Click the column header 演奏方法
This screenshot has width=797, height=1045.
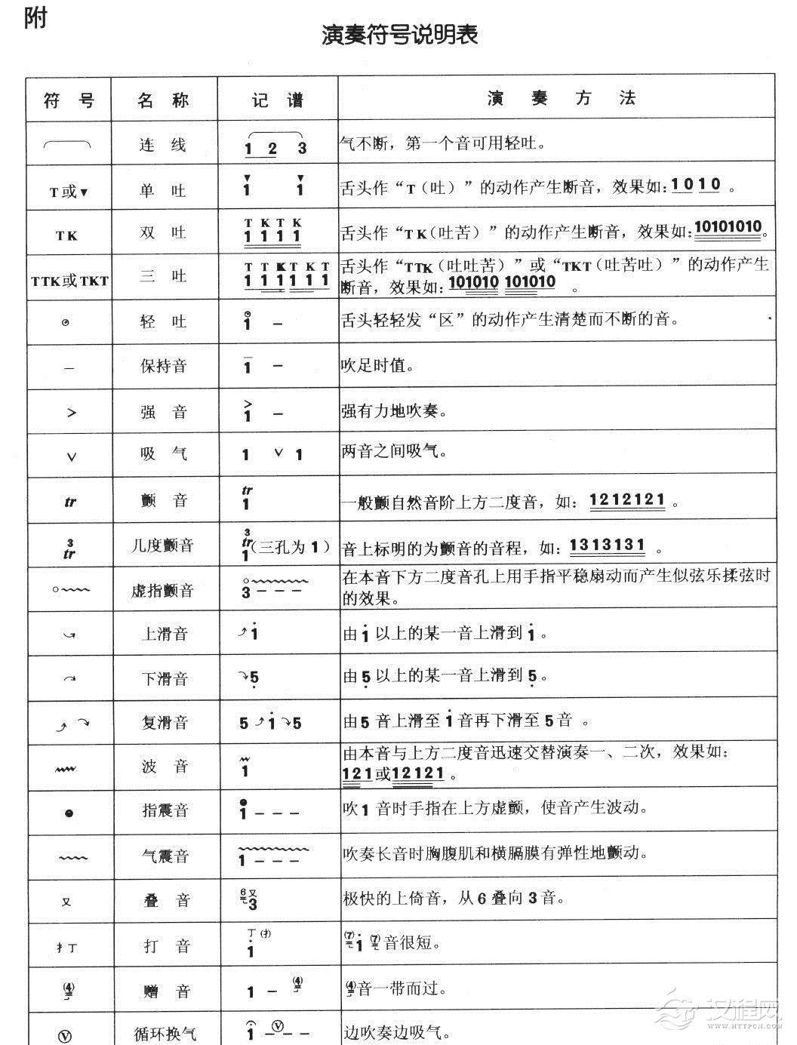(x=561, y=98)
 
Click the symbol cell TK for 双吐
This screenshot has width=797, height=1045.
(x=66, y=235)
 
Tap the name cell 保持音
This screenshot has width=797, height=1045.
(x=163, y=367)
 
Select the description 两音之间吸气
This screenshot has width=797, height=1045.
(x=394, y=452)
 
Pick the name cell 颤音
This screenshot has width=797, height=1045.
(x=163, y=500)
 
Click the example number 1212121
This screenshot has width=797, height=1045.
(x=627, y=500)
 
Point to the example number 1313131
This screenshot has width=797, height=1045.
(x=607, y=546)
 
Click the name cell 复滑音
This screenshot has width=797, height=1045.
(x=164, y=722)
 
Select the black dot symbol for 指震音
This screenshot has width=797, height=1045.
(x=69, y=813)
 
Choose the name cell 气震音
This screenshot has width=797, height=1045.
(x=165, y=856)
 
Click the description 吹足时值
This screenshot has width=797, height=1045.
(x=377, y=367)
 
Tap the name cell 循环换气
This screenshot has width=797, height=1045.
(x=165, y=1032)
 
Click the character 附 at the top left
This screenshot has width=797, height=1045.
(x=35, y=17)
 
